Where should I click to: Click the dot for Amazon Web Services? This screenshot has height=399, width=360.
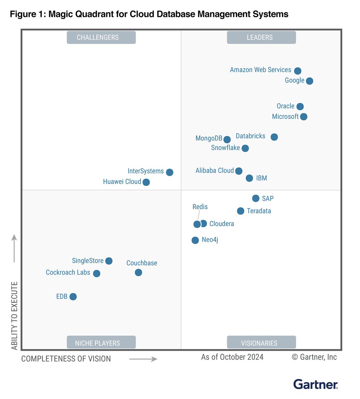[x=298, y=71]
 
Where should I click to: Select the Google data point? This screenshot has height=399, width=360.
[x=309, y=81]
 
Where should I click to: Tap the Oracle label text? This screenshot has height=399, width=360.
[x=285, y=106]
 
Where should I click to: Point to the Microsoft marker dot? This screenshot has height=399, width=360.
[x=304, y=117]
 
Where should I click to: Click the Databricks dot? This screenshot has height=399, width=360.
[x=274, y=137]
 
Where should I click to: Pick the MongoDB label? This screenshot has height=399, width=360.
[x=209, y=138]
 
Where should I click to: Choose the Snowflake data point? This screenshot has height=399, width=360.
[x=245, y=148]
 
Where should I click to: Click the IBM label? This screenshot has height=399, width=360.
[x=261, y=178]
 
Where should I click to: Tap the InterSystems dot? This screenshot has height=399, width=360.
[x=169, y=172]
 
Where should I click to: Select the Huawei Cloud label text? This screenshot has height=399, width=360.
[x=122, y=182]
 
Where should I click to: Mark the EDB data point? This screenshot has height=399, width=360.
[x=73, y=297]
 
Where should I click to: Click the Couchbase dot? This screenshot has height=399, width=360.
[x=138, y=273]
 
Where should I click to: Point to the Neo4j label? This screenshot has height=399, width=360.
[x=210, y=240]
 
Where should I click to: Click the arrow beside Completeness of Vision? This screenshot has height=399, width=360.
[x=143, y=359]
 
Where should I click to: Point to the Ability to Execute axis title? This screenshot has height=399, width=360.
[x=14, y=316]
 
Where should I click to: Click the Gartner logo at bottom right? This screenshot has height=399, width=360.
[x=315, y=384]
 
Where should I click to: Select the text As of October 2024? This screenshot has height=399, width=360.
[x=232, y=357]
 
